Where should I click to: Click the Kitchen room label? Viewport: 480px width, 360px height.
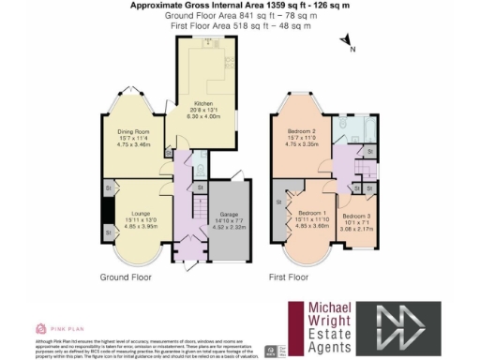pos(203,103)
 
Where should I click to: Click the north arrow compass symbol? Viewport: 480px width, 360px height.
pos(347,42)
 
